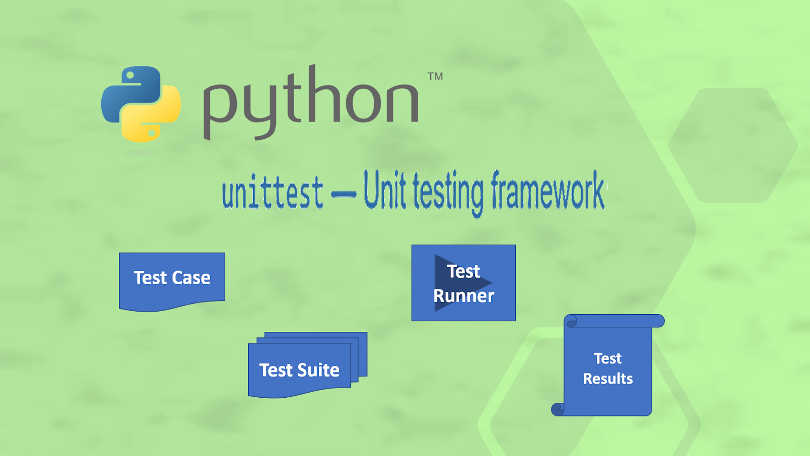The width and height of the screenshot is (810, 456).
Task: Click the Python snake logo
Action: click(141, 104)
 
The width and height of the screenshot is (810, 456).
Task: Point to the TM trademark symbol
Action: click(435, 77)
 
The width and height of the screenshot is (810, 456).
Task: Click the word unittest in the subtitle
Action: click(272, 193)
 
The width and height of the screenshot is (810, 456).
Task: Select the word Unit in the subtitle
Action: click(384, 191)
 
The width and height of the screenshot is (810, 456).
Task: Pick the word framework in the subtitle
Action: click(548, 191)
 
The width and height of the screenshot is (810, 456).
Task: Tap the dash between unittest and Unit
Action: click(344, 195)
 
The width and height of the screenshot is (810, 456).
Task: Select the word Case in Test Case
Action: click(191, 278)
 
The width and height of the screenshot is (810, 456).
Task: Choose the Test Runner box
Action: click(463, 283)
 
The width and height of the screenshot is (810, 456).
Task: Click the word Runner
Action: click(463, 296)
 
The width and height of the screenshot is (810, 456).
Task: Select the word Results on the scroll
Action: click(607, 379)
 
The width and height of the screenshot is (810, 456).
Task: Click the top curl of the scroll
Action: click(572, 321)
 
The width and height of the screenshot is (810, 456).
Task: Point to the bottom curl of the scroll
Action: click(557, 409)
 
